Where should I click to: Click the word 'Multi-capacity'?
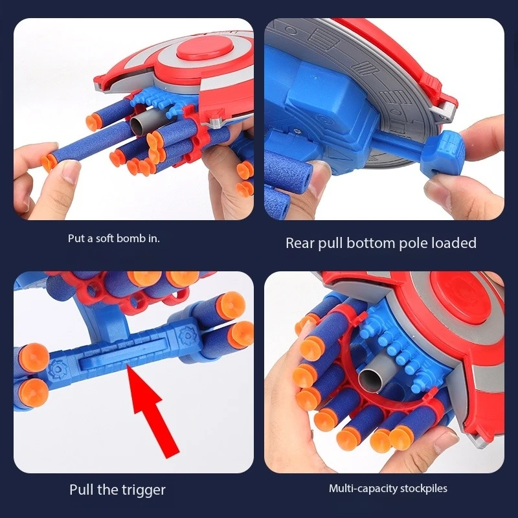tap(359, 488)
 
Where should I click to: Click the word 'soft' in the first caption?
tap(103, 238)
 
